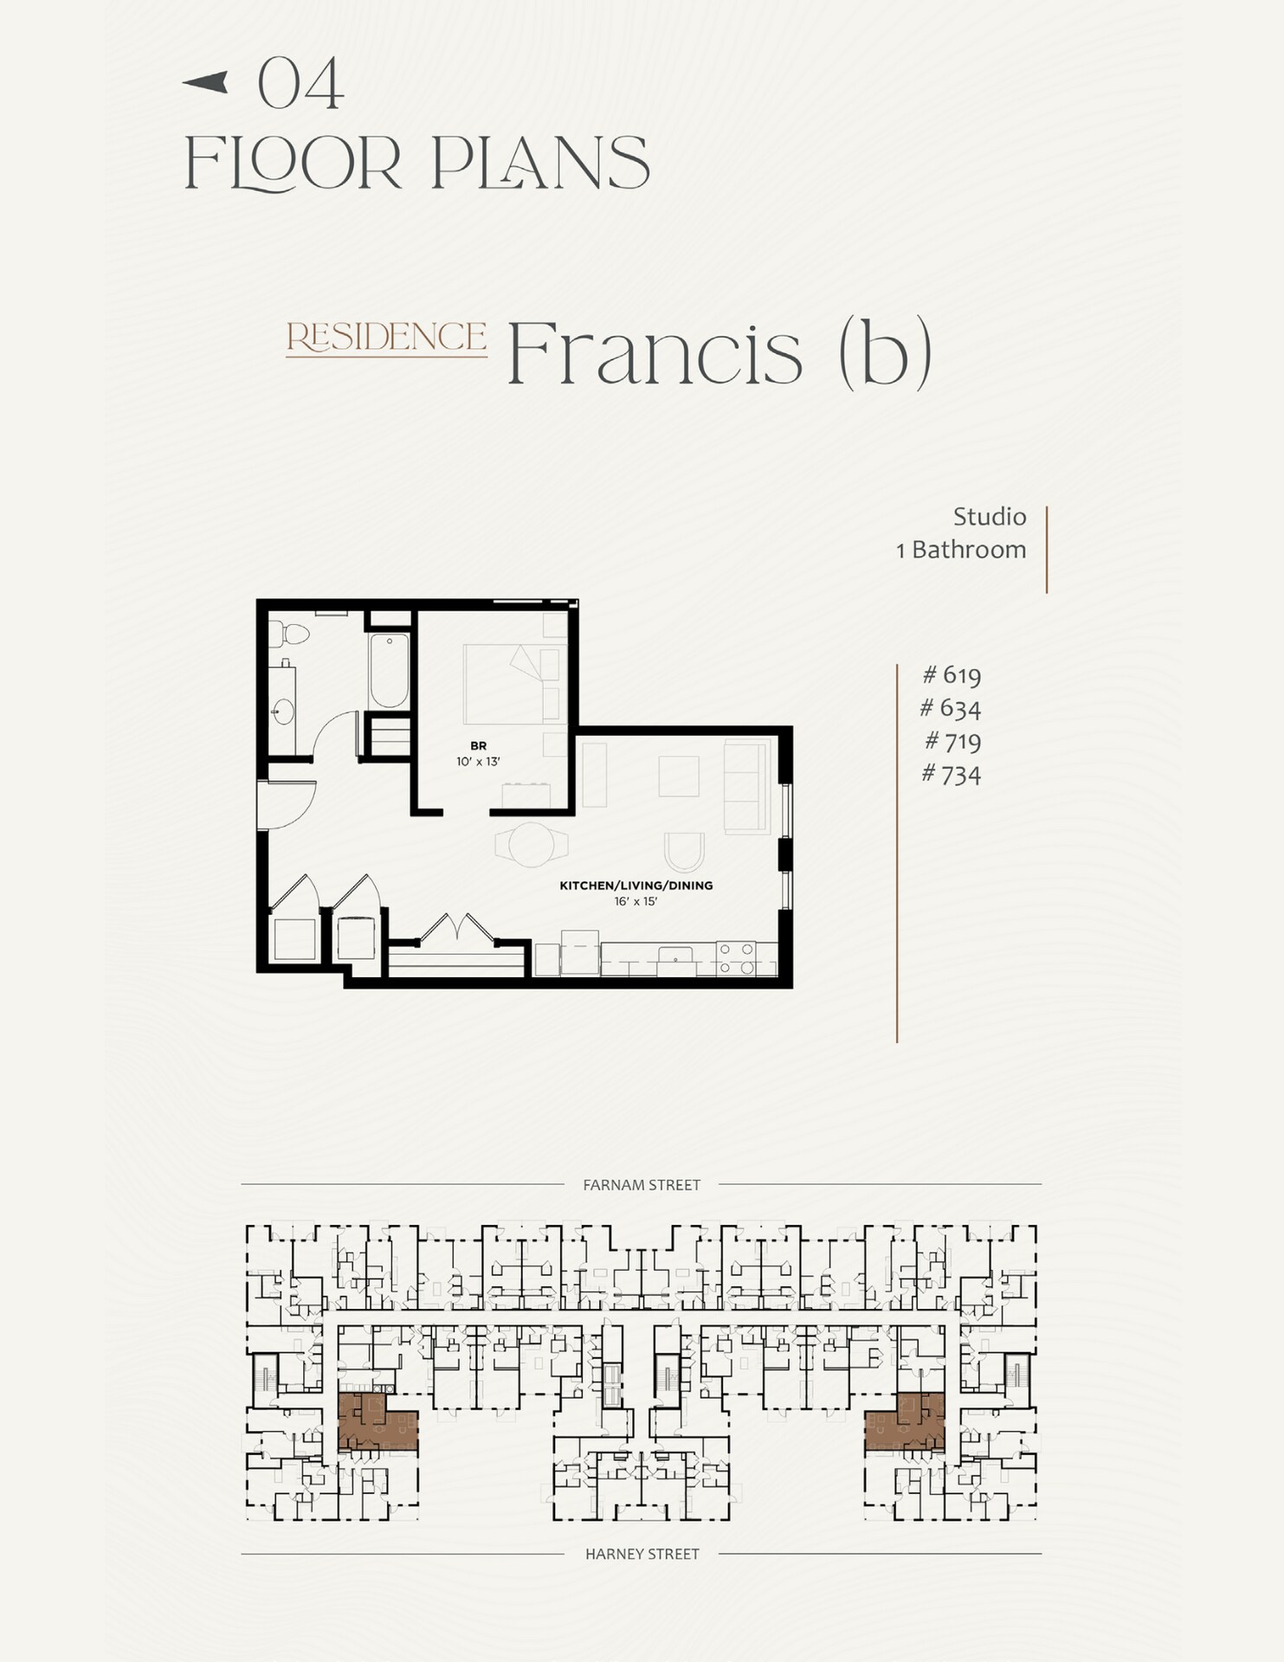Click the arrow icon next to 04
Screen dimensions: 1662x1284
205,82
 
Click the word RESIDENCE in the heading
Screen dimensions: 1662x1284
386,338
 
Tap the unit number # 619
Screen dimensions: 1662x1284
952,674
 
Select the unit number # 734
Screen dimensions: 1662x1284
952,774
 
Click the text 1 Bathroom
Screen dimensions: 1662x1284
961,550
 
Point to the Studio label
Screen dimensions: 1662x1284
989,517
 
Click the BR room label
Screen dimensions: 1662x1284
478,745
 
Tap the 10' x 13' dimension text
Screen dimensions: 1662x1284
478,762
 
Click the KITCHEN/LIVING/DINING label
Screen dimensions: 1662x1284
636,886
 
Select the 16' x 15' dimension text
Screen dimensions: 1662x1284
636,902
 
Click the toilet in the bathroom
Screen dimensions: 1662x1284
290,635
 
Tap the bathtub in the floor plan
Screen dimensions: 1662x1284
389,671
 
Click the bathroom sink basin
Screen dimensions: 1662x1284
283,712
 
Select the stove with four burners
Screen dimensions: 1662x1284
736,958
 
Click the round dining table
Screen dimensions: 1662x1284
531,844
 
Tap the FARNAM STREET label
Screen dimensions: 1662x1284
642,1185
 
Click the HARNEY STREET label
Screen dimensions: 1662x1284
642,1555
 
